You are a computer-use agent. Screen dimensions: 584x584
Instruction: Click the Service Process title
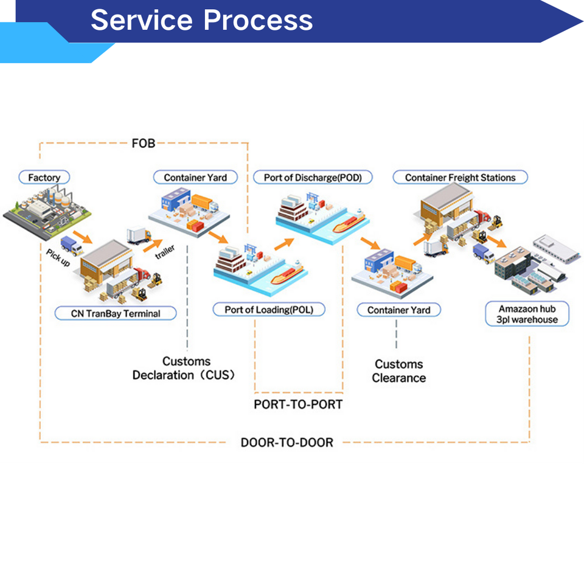click(x=201, y=20)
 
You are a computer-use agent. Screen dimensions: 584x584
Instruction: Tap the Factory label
click(x=44, y=178)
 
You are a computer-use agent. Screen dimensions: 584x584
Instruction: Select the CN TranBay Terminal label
click(x=116, y=314)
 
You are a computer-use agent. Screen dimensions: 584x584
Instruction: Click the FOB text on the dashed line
click(x=144, y=144)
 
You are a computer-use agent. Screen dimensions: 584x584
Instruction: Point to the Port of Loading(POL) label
click(x=269, y=310)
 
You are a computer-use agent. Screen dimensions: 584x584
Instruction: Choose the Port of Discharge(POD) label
click(x=313, y=178)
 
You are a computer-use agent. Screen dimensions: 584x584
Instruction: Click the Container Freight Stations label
click(x=460, y=178)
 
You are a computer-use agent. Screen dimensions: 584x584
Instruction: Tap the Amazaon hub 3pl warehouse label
click(x=527, y=314)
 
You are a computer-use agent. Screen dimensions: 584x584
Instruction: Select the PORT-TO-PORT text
click(x=298, y=405)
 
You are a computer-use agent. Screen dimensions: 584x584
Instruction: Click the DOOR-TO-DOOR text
click(x=287, y=442)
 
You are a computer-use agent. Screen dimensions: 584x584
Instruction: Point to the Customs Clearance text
click(x=399, y=371)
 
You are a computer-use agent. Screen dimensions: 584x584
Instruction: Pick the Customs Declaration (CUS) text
click(x=184, y=368)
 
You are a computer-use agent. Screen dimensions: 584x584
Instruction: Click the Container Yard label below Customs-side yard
click(x=398, y=310)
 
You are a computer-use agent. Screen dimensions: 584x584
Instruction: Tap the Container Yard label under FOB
click(x=195, y=178)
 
